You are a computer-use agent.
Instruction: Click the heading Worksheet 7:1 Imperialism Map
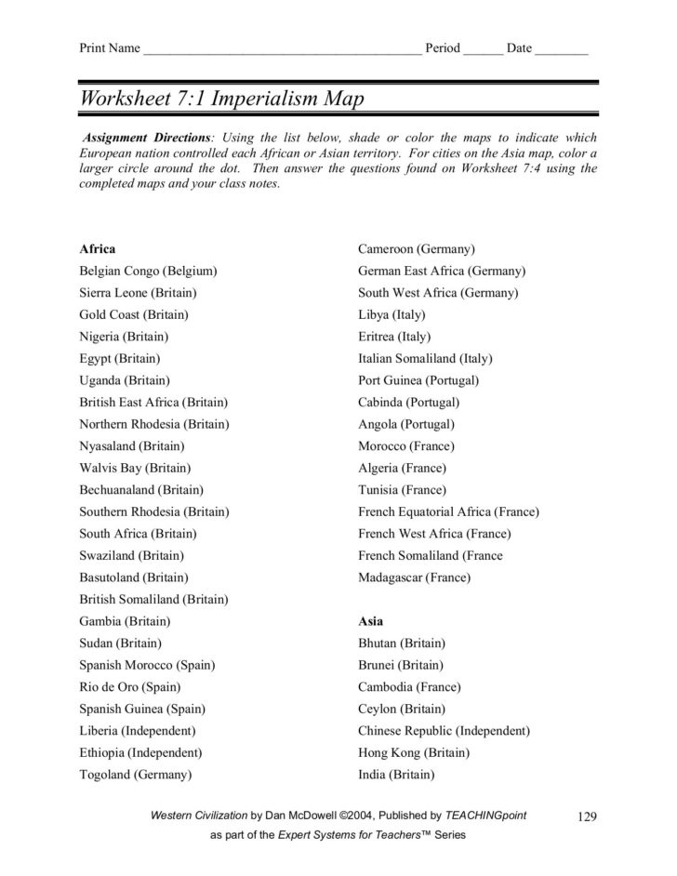[221, 99]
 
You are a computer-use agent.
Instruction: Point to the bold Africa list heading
[98, 249]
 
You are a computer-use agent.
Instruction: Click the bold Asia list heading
[370, 621]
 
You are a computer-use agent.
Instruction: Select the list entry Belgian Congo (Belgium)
[148, 271]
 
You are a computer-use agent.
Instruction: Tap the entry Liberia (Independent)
[138, 731]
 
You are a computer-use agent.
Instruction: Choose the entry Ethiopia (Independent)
[140, 752]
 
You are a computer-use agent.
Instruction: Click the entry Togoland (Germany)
[135, 775]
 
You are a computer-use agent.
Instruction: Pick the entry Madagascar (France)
[414, 577]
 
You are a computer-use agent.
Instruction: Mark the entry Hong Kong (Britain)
[414, 752]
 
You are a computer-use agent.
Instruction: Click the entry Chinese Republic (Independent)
[444, 731]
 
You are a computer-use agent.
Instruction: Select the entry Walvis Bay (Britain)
[135, 468]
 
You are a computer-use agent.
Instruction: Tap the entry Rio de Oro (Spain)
[129, 687]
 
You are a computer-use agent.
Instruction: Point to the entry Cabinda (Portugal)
[408, 403]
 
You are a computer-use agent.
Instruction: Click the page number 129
[586, 816]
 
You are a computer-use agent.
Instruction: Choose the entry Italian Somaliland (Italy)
[425, 359]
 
